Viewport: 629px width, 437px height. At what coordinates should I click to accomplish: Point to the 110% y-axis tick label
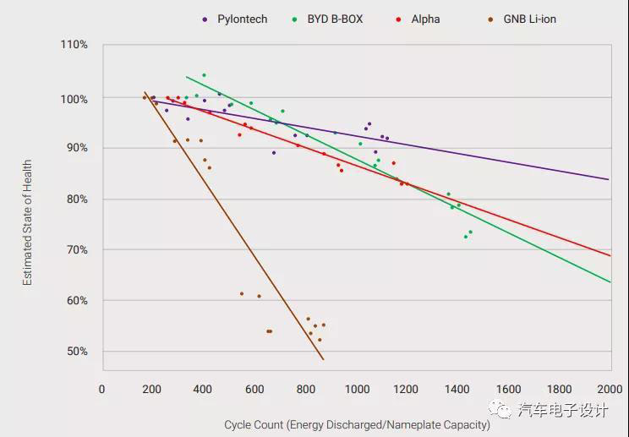(74, 44)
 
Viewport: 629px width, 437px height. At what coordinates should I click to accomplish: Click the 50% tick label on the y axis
(76, 351)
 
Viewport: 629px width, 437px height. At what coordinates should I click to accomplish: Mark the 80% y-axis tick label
(76, 199)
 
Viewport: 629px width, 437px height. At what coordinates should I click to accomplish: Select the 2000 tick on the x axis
(610, 389)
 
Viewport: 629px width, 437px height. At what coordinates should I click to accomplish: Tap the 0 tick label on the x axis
(102, 389)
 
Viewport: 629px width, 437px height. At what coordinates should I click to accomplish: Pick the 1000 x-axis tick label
(357, 389)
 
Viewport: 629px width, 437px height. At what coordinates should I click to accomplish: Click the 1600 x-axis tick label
(509, 389)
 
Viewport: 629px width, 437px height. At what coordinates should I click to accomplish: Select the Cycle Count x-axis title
(356, 424)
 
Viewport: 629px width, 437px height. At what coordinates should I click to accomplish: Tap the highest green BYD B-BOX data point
(204, 75)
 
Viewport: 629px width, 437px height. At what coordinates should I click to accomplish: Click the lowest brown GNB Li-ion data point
(320, 340)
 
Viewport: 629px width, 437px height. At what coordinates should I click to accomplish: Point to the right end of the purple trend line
(610, 179)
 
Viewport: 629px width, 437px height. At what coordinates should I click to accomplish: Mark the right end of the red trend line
(610, 255)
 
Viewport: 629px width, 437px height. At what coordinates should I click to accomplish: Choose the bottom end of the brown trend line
(324, 360)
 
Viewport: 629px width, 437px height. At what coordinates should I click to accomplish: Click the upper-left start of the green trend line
(186, 77)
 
